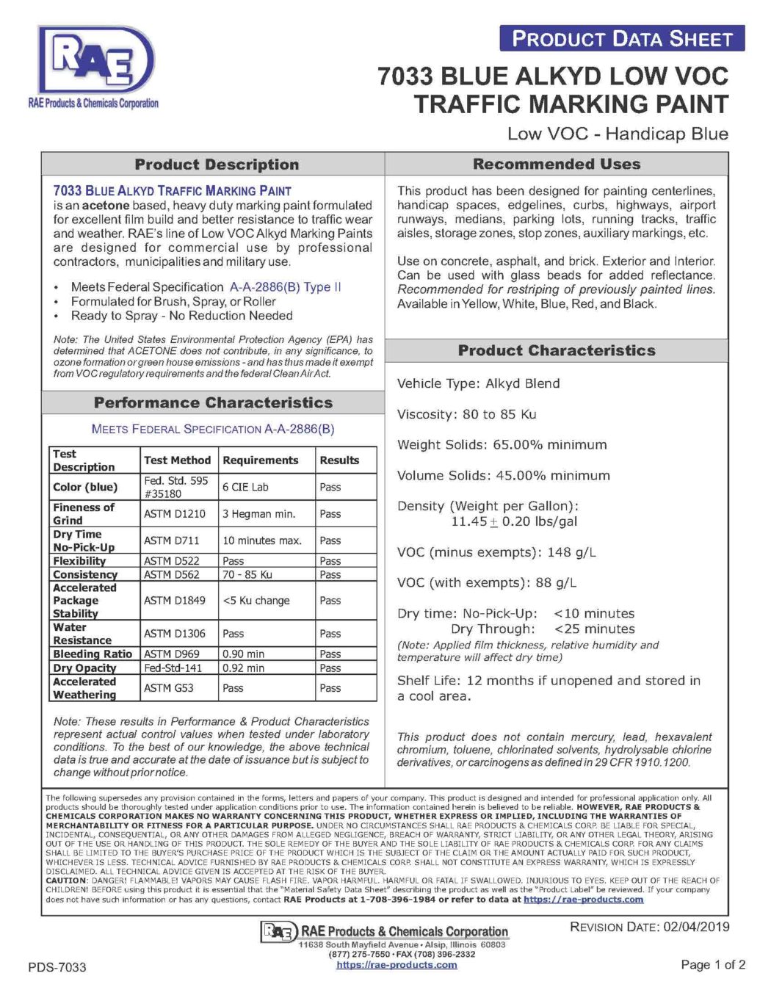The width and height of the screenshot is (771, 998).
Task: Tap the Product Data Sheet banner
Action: pos(622,39)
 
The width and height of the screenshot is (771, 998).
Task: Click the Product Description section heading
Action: pos(217,164)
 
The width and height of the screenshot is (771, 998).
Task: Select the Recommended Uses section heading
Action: pos(557,164)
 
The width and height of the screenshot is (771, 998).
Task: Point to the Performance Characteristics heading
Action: pos(213,402)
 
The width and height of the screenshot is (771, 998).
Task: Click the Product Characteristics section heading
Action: pos(557,350)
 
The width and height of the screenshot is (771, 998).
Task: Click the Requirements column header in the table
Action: pos(261,460)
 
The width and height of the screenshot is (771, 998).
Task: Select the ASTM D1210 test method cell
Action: pos(175,514)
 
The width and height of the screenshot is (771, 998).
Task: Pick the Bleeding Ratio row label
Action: pos(93,654)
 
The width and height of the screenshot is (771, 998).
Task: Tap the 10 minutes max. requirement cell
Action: pos(262,540)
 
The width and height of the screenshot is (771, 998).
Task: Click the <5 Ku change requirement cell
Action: pos(256,601)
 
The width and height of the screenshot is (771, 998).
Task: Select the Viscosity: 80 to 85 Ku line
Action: pos(466,414)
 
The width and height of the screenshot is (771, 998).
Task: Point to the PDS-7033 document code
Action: pos(57,967)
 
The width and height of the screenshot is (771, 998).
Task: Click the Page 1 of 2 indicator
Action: pos(713,964)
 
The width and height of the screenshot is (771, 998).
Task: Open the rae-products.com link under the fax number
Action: pos(397,965)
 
